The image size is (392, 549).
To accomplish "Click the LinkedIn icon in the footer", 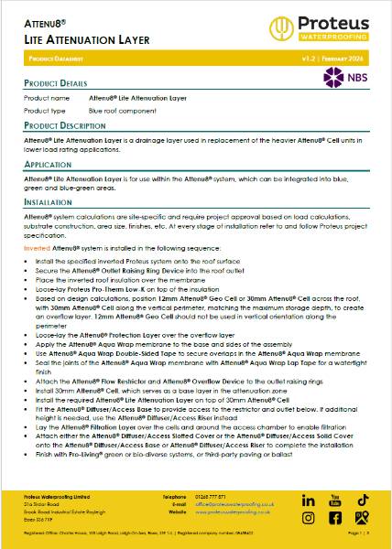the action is (x=308, y=501).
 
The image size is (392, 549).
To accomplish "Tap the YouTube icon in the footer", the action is (x=335, y=501).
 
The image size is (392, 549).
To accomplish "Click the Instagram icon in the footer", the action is (x=308, y=518).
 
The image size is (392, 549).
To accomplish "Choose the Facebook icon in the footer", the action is (x=335, y=518).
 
